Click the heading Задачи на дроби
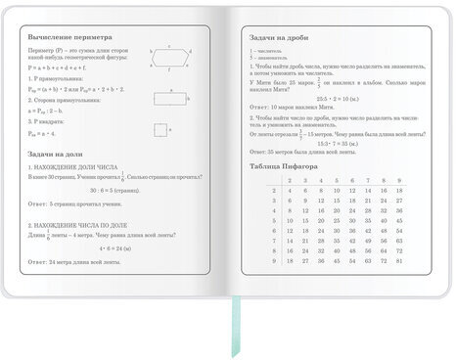[x=280, y=37]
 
